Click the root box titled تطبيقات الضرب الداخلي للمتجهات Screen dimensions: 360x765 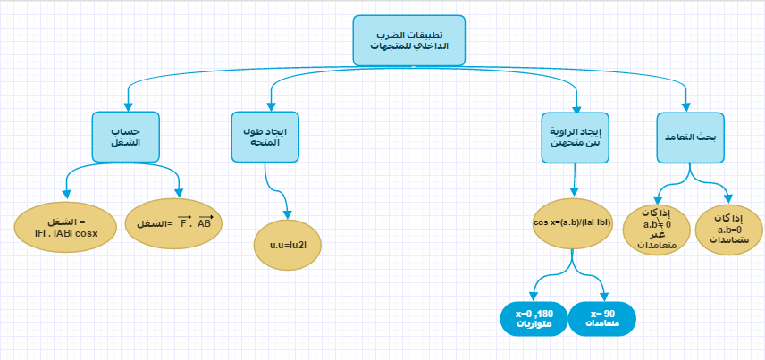[x=409, y=40]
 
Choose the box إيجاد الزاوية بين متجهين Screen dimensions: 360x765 [x=576, y=136]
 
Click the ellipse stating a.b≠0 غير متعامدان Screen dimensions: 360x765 [x=656, y=229]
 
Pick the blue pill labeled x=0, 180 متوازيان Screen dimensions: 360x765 [x=534, y=320]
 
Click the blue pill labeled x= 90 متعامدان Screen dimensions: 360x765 [x=603, y=320]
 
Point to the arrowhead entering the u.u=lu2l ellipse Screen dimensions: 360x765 [x=287, y=214]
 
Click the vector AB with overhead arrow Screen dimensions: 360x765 [x=206, y=222]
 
